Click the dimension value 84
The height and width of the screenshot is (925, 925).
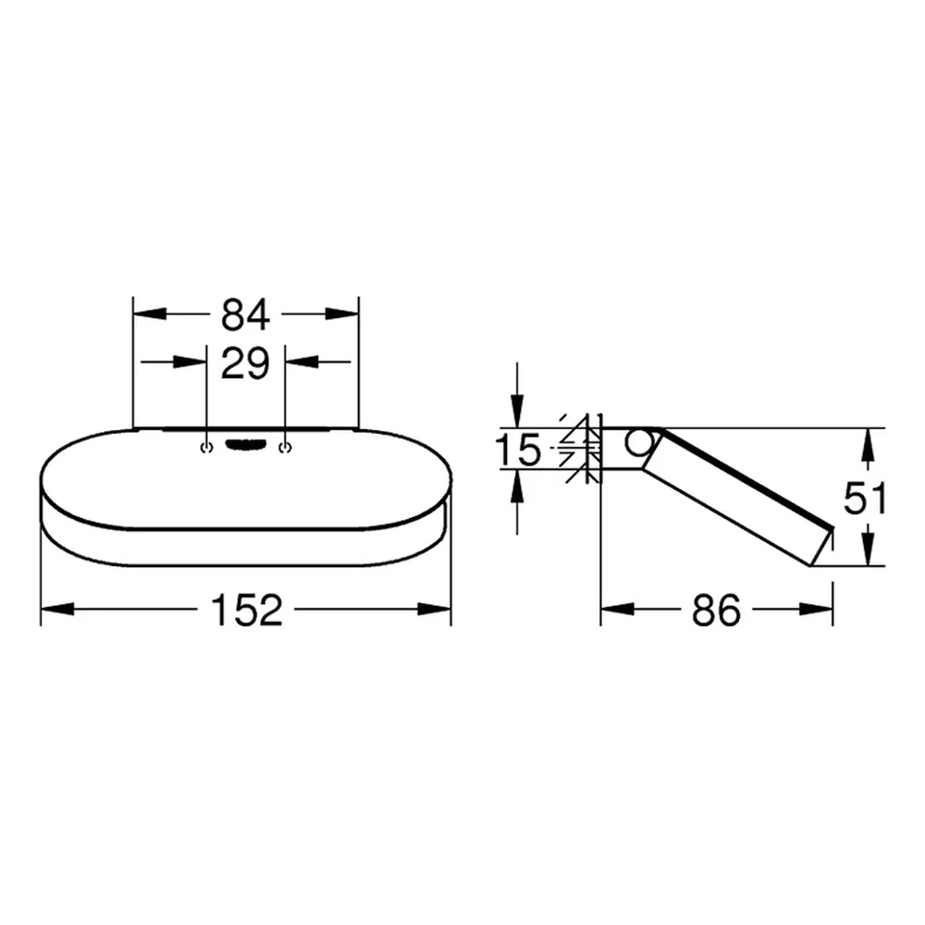(245, 314)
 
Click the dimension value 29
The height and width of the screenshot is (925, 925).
(245, 363)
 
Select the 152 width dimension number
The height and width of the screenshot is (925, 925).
(247, 610)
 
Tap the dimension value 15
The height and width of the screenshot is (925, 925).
(517, 449)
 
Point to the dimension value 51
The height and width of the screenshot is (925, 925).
(865, 498)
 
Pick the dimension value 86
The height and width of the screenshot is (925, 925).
(716, 610)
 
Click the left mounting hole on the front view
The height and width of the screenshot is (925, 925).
(206, 448)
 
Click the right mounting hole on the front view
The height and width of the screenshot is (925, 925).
(286, 448)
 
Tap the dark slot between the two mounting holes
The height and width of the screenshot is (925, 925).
(247, 445)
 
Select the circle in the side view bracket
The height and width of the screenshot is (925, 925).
(639, 443)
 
